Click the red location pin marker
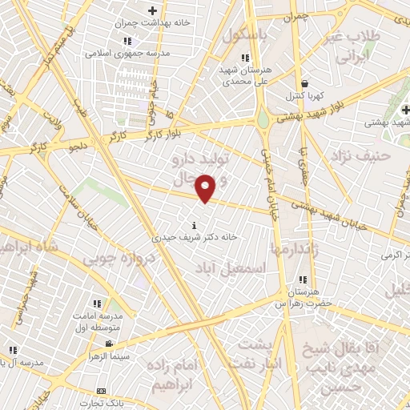point(206,187)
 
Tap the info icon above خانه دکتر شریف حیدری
point(195,225)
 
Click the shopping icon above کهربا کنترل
point(304,83)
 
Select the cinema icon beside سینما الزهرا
point(107,344)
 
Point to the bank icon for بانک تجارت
point(101,391)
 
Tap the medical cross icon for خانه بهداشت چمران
point(153,11)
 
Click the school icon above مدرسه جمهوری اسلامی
point(127,41)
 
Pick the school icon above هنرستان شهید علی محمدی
point(244,58)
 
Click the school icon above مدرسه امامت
point(97,304)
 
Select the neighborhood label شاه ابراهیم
point(30,248)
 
